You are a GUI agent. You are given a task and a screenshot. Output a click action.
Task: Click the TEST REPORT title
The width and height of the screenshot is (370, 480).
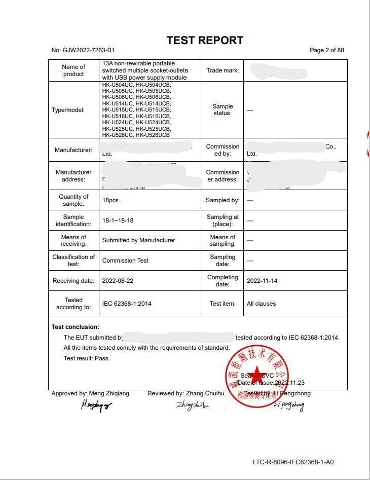click(x=205, y=41)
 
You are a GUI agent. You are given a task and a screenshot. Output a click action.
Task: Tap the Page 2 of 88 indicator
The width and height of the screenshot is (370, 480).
click(x=326, y=50)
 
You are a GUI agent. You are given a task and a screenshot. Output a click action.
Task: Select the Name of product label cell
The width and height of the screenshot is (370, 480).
click(x=73, y=70)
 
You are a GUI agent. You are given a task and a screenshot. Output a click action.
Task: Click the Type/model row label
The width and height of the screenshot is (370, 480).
click(x=68, y=110)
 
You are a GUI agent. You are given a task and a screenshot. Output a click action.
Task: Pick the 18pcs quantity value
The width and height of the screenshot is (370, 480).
click(x=110, y=200)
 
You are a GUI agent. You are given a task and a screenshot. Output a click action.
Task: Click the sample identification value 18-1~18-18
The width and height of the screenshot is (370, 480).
click(x=118, y=220)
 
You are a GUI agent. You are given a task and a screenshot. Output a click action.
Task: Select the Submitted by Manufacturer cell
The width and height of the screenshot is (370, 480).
click(x=138, y=240)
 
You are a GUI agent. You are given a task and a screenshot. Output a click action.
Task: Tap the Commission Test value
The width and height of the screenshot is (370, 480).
click(x=125, y=261)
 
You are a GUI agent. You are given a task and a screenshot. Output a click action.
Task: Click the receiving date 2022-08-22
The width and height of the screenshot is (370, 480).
click(x=118, y=280)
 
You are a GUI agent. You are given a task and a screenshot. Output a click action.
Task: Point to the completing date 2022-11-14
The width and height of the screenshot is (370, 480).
click(x=262, y=280)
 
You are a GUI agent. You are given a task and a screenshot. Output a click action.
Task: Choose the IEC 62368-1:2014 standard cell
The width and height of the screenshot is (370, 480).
click(x=127, y=304)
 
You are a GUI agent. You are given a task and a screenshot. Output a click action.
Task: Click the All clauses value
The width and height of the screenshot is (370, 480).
click(x=261, y=304)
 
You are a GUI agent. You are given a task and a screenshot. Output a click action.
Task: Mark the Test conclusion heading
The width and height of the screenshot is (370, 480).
click(x=76, y=327)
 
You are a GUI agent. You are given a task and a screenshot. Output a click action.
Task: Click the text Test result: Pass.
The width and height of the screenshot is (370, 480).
click(x=87, y=358)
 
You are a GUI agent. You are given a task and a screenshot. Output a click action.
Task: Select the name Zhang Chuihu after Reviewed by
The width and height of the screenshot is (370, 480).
click(x=205, y=393)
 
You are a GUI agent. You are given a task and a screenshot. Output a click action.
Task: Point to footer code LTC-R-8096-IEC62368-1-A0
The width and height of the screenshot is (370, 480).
click(x=293, y=462)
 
